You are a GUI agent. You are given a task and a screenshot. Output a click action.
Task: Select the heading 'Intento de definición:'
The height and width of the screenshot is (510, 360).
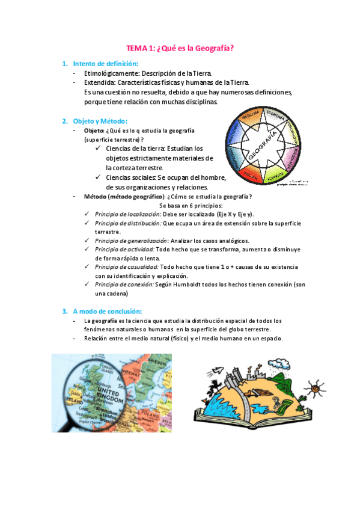(106, 64)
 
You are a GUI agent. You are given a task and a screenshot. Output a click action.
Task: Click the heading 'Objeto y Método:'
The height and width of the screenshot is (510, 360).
(97, 121)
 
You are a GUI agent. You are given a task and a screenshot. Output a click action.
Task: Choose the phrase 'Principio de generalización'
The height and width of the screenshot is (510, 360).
(130, 241)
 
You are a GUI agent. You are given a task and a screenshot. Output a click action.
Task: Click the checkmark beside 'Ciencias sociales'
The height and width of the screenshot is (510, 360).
(99, 177)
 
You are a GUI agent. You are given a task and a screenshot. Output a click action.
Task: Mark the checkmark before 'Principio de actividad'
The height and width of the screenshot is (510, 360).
(88, 249)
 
